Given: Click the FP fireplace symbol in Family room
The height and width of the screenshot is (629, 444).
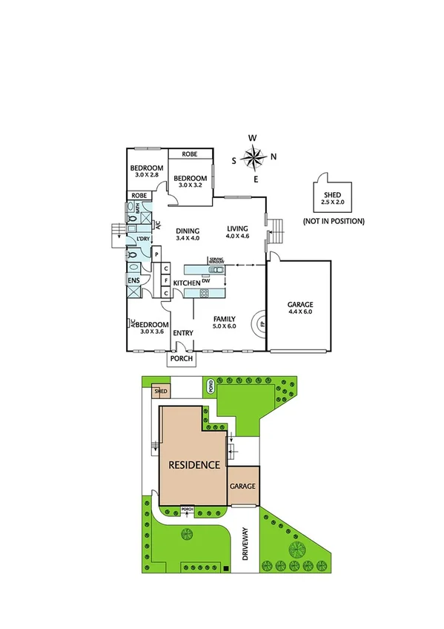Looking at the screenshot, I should [261, 323].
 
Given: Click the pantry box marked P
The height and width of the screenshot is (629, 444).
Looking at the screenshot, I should [156, 254].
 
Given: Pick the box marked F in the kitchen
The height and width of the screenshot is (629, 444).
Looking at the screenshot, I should [166, 281].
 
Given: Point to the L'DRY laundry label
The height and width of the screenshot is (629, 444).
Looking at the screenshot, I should [143, 239].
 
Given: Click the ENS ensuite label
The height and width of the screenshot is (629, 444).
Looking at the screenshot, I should [134, 281].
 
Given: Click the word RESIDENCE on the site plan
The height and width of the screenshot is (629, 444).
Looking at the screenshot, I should [193, 466].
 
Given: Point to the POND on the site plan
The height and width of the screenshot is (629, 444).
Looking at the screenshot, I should [211, 386].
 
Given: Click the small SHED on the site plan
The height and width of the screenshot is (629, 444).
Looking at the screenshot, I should [160, 392].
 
